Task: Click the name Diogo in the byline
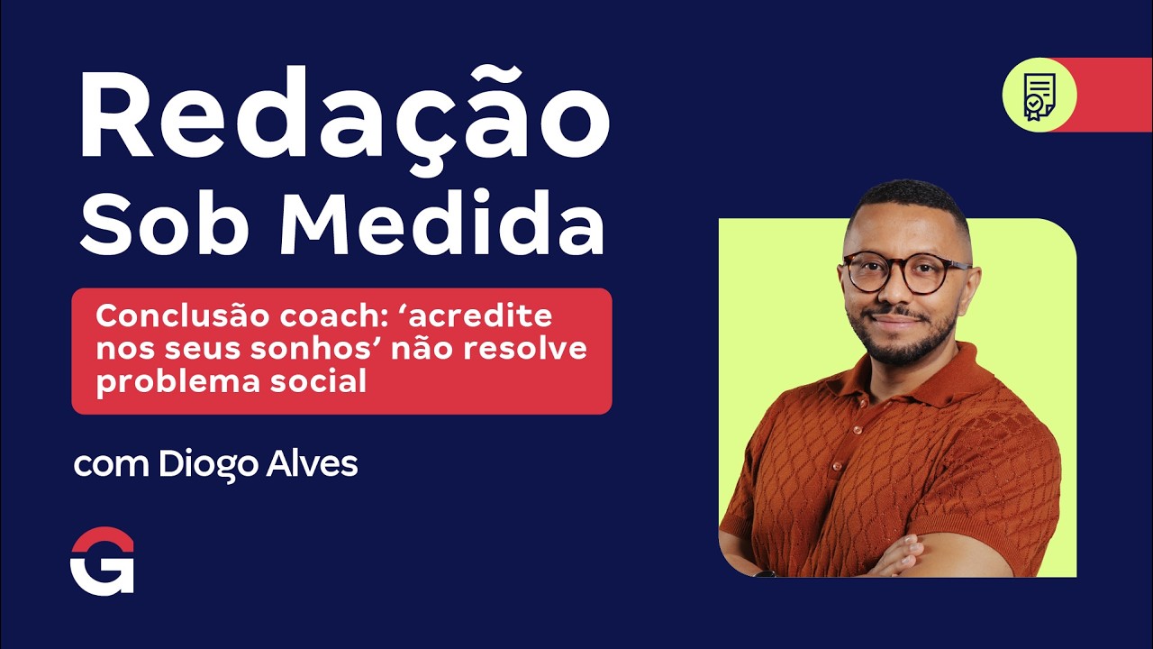pyautogui.click(x=209, y=465)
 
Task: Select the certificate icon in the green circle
pyautogui.click(x=1039, y=95)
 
